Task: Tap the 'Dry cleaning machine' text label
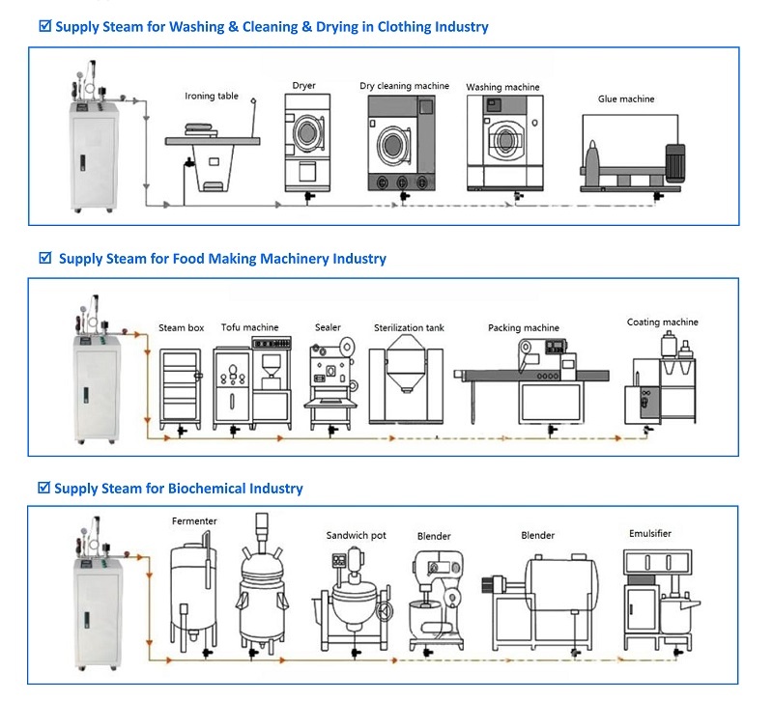404,86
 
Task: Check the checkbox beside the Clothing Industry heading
43,26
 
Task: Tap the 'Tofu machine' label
249,327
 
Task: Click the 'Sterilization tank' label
409,328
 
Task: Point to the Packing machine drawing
524,377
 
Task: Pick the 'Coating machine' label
662,322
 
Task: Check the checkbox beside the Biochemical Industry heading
43,489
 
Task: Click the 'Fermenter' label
194,521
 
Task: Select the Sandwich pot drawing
355,599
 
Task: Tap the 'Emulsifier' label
649,533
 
